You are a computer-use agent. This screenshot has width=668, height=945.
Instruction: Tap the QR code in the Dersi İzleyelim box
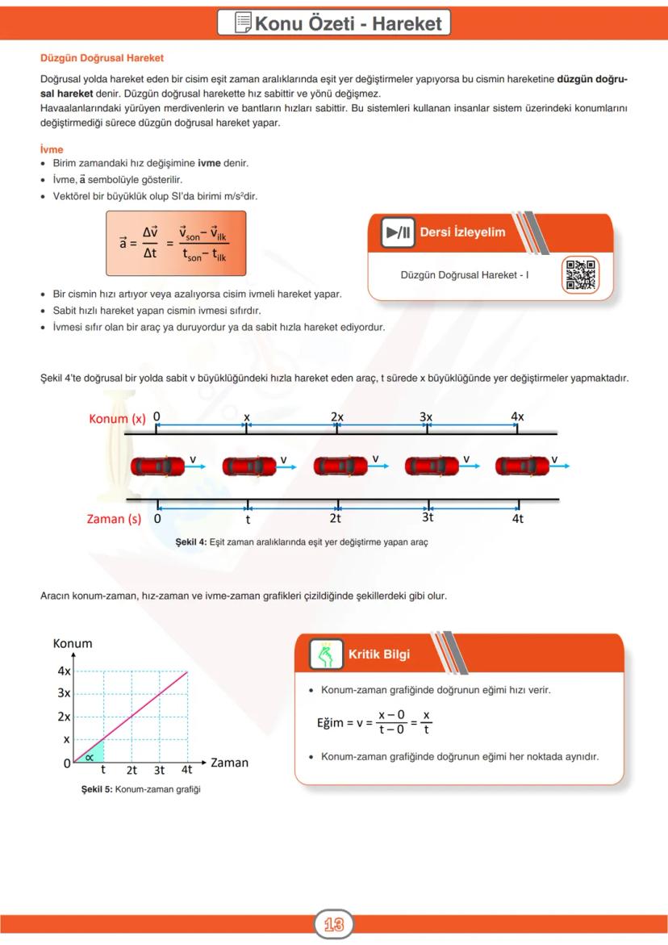(580, 274)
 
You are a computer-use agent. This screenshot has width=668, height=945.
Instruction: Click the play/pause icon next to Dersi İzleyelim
(399, 232)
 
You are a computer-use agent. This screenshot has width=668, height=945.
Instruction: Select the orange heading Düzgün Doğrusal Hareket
(102, 58)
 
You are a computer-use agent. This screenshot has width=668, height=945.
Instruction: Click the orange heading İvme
(52, 149)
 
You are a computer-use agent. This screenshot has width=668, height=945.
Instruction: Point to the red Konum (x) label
(118, 418)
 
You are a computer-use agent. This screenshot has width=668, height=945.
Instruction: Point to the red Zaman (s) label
(114, 519)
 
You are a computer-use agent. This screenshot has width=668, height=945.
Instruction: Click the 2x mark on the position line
(337, 416)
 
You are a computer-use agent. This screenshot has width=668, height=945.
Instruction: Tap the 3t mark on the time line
(428, 518)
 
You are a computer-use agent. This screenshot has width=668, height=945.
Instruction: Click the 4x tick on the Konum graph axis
(64, 671)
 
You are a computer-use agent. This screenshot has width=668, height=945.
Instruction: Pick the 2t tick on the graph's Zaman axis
(132, 770)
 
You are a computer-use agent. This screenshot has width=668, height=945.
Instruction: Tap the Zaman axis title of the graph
(229, 762)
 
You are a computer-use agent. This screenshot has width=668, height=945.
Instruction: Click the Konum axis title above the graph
(73, 643)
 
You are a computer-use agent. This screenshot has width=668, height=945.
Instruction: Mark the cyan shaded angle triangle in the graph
(94, 755)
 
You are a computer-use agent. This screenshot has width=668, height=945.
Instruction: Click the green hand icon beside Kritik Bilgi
(327, 654)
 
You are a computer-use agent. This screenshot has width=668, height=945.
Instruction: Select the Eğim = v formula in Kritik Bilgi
(374, 722)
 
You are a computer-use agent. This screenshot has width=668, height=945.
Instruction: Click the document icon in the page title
(242, 23)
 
